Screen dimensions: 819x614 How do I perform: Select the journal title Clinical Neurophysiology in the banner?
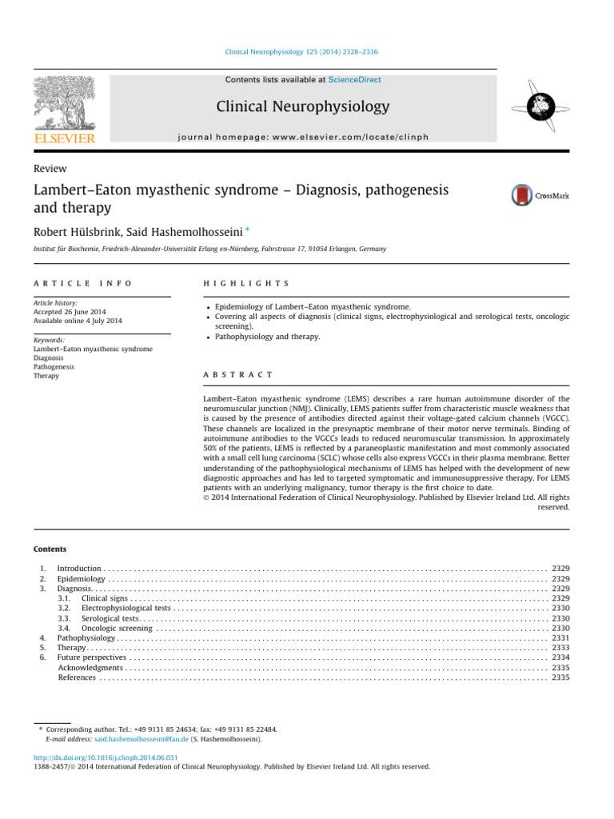coord(302,106)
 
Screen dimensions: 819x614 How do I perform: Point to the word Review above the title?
coord(50,169)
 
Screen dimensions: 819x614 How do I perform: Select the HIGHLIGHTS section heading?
coord(246,284)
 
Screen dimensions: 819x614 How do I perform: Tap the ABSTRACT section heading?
coord(239,374)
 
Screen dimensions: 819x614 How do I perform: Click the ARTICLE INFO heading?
coord(82,284)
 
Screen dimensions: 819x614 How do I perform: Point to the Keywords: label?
coord(48,341)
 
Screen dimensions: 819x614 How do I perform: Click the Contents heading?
coord(50,549)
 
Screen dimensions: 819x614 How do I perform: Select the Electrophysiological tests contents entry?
coord(126,608)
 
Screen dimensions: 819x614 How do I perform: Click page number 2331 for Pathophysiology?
coord(560,637)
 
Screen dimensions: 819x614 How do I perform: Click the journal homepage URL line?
coord(303,137)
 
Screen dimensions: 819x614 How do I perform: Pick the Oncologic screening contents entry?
coord(118,628)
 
